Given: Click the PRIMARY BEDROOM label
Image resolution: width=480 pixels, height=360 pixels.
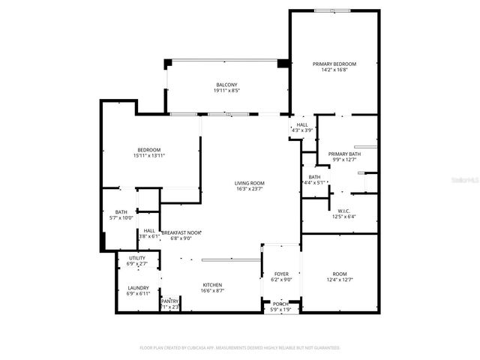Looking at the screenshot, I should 334,64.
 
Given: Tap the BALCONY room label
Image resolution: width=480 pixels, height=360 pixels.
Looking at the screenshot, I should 226,85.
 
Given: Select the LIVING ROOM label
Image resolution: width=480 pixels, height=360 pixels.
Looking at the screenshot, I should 249,183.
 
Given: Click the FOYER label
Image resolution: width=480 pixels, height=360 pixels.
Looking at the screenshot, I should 280,274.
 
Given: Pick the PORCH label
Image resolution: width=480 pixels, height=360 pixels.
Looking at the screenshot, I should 280,303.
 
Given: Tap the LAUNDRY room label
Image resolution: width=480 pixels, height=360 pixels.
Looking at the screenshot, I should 138,287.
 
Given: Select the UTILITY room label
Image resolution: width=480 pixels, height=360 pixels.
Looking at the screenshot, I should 136,258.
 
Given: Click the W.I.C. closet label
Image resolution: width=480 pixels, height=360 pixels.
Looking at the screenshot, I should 345,211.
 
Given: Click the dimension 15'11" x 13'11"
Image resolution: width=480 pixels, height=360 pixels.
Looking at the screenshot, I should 148,155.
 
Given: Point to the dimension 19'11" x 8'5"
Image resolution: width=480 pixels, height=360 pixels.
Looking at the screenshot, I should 226,91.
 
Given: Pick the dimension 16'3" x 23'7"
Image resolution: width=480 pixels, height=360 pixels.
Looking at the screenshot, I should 249,189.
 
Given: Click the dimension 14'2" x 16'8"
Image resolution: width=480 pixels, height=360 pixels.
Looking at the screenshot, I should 334,70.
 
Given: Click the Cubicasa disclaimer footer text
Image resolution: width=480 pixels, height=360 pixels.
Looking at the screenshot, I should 240,347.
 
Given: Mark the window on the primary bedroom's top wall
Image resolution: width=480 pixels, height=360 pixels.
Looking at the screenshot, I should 331,10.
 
